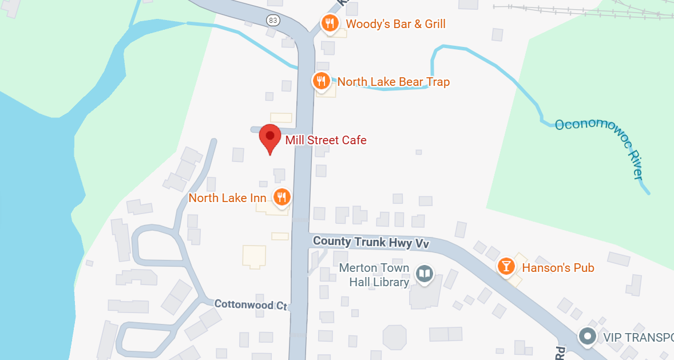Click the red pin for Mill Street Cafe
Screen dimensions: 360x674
tap(270, 138)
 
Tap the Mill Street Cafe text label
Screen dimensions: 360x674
tap(326, 140)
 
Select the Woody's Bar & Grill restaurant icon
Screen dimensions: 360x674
tap(329, 23)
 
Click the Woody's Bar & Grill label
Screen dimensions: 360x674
tap(395, 24)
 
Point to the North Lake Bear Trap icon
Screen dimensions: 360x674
tap(321, 81)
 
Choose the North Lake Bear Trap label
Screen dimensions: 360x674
tap(393, 82)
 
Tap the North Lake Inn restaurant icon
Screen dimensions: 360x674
tap(282, 197)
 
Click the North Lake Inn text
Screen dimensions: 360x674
tap(227, 198)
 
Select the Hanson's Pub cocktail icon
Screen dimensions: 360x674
tap(506, 266)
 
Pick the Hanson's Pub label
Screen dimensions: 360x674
tap(557, 268)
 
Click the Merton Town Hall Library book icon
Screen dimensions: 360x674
tap(424, 274)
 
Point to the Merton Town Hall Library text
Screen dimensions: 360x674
tap(374, 275)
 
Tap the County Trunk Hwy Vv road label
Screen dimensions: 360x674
tap(371, 242)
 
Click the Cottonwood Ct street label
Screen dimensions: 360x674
tap(250, 304)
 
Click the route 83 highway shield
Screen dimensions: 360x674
tap(273, 21)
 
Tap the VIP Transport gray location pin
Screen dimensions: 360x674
tap(587, 336)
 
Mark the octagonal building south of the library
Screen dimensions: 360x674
tap(395, 337)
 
